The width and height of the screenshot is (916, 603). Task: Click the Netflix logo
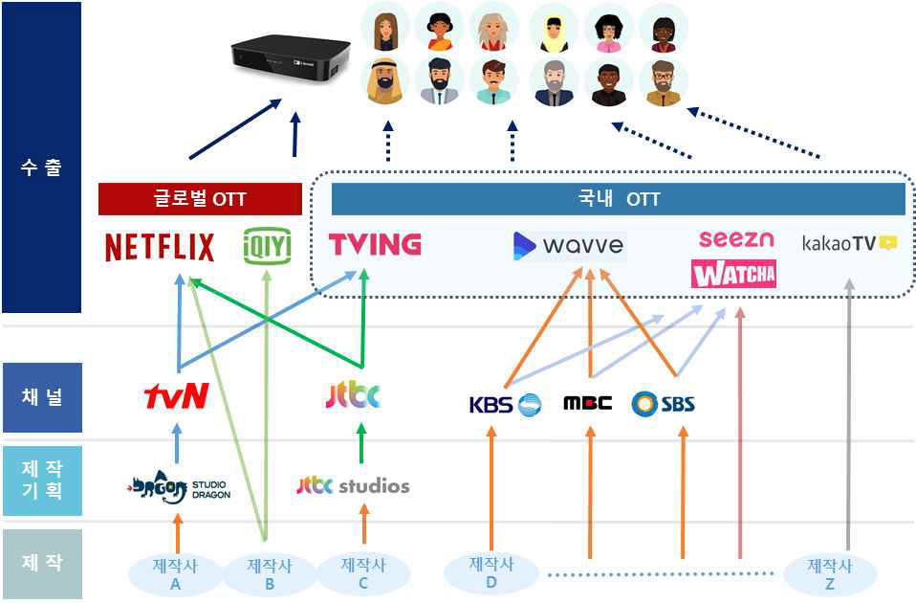click(x=160, y=247)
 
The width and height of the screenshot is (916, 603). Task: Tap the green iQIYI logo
click(x=267, y=246)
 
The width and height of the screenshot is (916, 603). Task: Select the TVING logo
click(x=375, y=244)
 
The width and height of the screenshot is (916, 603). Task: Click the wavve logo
click(x=569, y=246)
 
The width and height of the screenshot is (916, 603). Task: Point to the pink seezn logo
click(x=735, y=238)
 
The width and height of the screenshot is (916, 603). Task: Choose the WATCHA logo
click(x=733, y=275)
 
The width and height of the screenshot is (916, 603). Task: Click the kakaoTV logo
click(x=848, y=243)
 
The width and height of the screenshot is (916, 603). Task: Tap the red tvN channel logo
click(x=176, y=396)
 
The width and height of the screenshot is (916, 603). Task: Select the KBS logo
click(x=505, y=404)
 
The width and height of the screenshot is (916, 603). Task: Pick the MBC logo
click(x=587, y=403)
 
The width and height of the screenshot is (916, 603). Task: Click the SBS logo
click(x=664, y=404)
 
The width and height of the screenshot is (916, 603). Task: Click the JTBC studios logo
click(x=353, y=486)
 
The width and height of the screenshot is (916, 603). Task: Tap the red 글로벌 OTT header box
click(x=200, y=199)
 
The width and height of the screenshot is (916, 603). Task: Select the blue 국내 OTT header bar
click(x=618, y=199)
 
